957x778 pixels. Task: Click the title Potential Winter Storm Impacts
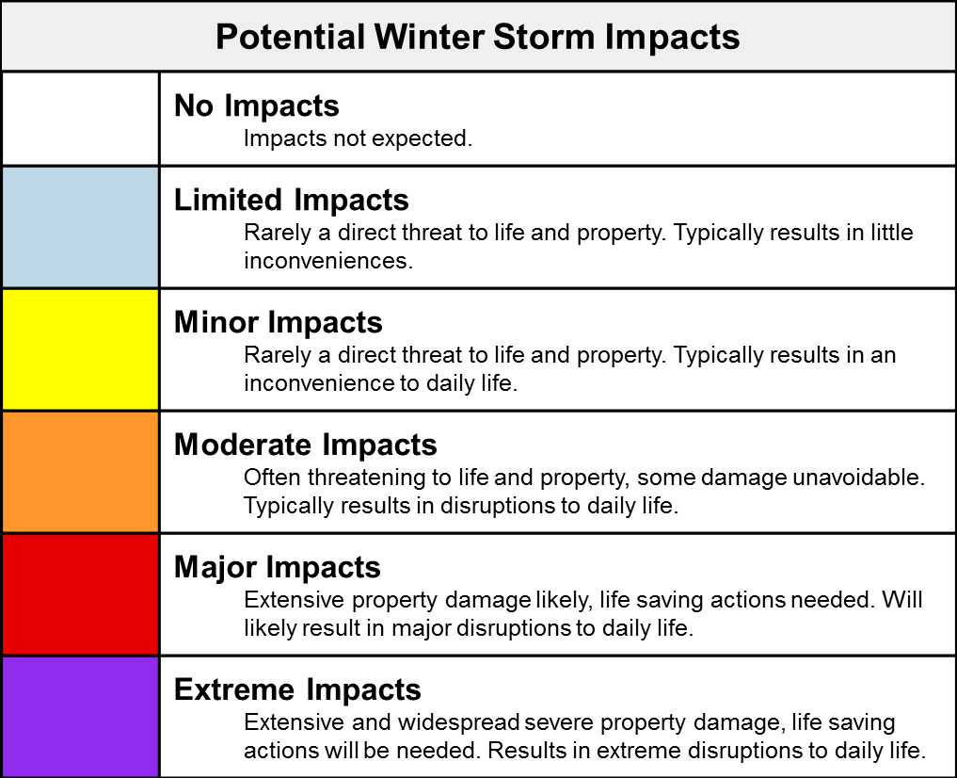pos(478,37)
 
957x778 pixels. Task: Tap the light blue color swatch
pos(81,227)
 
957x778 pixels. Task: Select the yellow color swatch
pos(81,349)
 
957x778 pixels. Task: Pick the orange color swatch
pos(81,472)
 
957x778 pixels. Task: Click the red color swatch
pos(81,594)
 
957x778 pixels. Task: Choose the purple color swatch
pos(81,717)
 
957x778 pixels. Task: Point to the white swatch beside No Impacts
pos(81,119)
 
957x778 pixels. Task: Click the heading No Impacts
pos(256,105)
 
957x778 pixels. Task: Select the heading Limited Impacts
pos(291,201)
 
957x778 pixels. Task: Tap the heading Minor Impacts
pos(279,322)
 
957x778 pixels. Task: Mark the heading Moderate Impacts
pos(305,445)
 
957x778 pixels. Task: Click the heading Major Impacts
pos(277,567)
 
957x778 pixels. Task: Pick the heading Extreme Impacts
pos(297,689)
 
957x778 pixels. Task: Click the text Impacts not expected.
pos(358,138)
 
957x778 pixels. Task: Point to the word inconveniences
pos(328,261)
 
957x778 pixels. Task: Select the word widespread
pos(458,722)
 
